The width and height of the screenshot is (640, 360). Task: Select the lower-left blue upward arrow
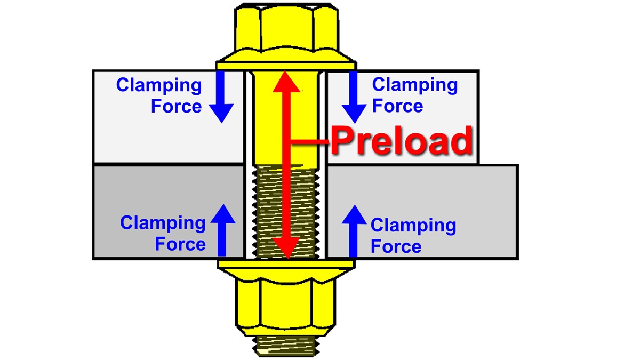click(221, 229)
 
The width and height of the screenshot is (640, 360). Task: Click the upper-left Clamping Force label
click(159, 95)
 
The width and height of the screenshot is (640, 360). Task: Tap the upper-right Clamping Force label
click(414, 95)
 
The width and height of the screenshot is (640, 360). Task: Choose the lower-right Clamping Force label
click(413, 236)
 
